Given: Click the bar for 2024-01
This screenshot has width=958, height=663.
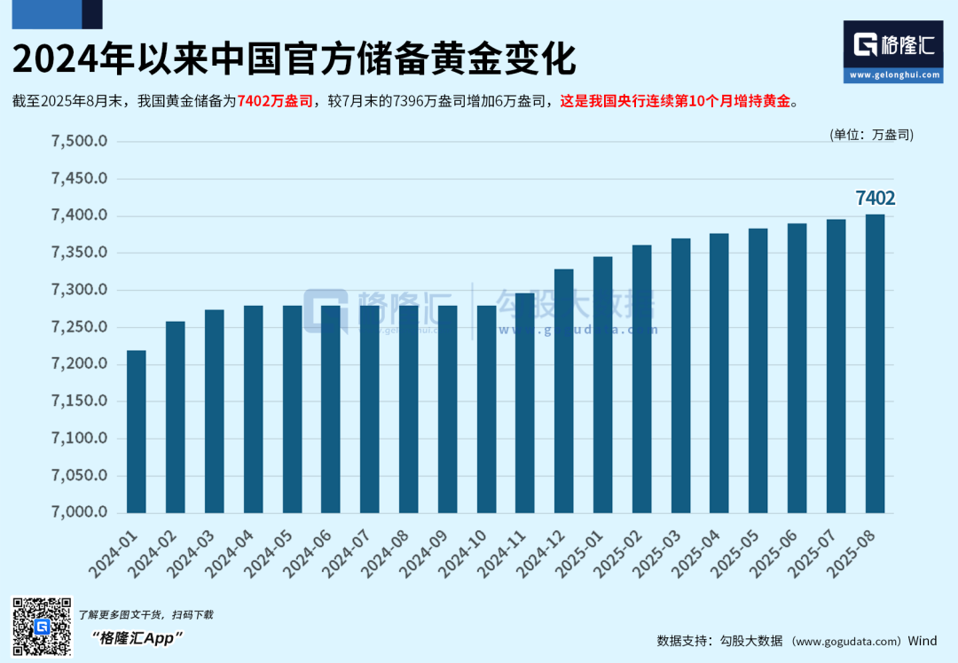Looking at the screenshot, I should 136,432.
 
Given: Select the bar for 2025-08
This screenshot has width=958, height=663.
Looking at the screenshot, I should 875,363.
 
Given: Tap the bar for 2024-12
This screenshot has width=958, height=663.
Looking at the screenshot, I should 563,391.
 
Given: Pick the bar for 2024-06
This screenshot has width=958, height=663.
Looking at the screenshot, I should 330,409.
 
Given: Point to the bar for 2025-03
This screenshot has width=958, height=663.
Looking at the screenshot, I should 680,376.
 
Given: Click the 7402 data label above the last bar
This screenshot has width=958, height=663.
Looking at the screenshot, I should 875,198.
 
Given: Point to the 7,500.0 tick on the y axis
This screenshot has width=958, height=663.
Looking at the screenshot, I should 80,142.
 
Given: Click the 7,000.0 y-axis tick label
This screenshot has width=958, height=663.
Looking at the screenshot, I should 80,512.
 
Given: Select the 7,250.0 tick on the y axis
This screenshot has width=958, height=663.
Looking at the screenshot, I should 80,327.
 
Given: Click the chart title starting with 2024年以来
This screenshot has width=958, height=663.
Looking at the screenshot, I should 294,59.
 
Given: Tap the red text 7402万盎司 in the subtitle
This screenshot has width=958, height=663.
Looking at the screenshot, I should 275,102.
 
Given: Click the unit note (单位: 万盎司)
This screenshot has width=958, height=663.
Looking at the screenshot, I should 871,135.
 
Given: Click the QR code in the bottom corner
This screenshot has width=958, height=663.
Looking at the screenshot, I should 41,627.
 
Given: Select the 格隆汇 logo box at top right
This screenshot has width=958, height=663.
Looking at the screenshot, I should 892,51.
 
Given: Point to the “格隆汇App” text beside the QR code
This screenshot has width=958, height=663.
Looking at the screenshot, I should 137,638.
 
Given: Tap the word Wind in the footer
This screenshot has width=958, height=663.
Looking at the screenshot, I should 923,641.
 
